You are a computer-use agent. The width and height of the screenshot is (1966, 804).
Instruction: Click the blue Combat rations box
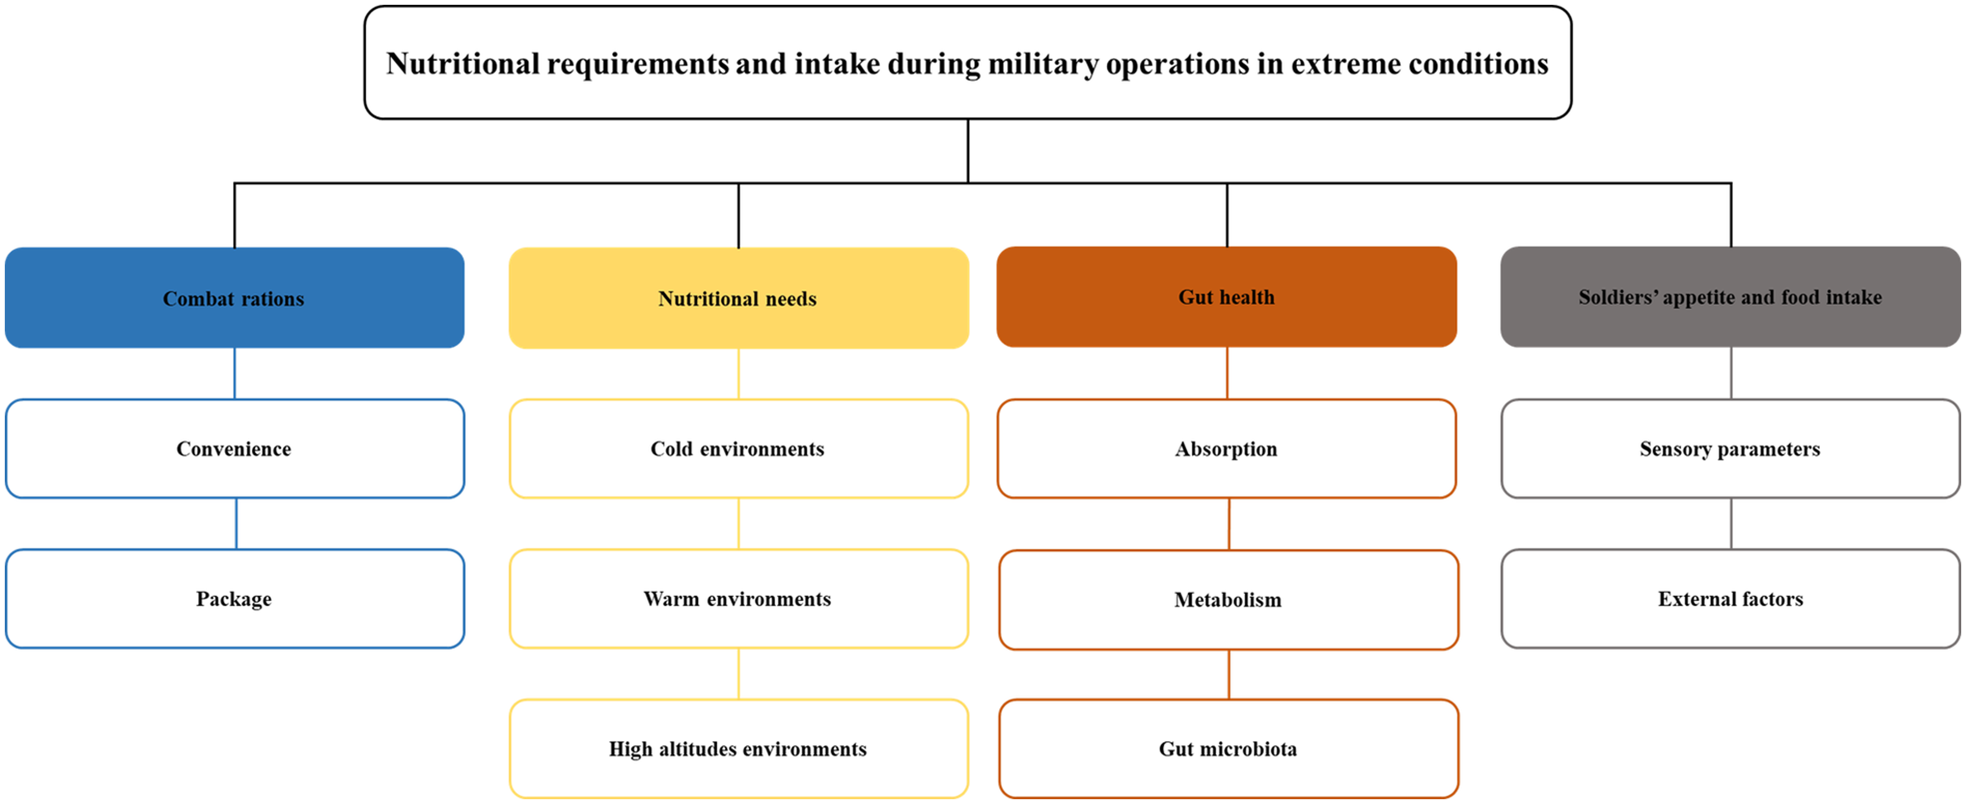coord(234,298)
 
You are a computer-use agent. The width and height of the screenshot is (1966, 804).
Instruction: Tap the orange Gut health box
coord(1226,297)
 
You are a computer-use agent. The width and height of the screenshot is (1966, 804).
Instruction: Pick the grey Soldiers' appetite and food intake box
coord(1730,297)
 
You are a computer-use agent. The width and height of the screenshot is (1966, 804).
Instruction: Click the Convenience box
coord(234,449)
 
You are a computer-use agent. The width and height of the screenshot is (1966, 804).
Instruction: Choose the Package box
coord(234,599)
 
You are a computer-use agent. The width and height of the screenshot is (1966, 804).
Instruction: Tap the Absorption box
coord(1226,449)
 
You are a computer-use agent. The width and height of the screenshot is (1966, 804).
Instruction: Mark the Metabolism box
coord(1229,600)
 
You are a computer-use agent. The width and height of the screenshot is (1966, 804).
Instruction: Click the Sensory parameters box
coord(1730,449)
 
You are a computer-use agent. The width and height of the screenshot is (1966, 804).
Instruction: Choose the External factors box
coord(1730,599)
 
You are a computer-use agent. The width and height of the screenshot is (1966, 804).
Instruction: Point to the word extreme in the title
coord(1346,64)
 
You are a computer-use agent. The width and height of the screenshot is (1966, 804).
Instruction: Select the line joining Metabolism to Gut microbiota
coord(1229,674)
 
